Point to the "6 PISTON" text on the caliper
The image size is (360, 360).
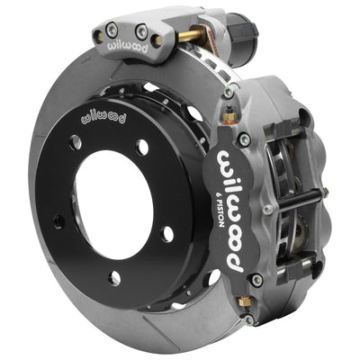tap(222, 201)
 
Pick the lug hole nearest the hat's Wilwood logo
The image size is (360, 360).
tap(76, 142)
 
